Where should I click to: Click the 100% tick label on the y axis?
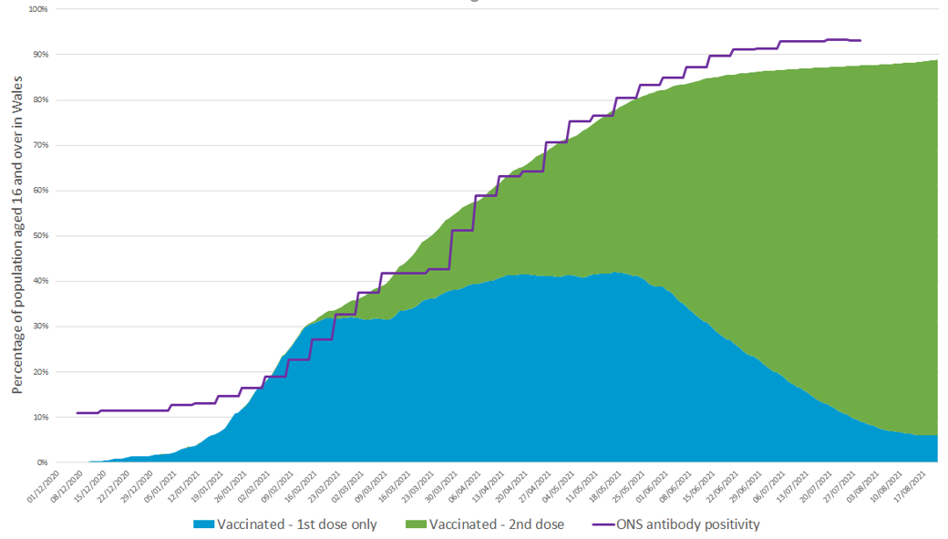coord(37,9)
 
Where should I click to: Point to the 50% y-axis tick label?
coord(39,235)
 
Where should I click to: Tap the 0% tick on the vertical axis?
coord(42,462)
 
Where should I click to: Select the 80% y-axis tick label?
coord(39,99)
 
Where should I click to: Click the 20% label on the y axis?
coord(39,371)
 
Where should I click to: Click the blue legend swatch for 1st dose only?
coord(205,524)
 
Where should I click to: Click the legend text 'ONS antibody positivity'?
coord(688,524)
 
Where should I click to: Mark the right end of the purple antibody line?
coord(860,40)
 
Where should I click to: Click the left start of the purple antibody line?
coord(77,413)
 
